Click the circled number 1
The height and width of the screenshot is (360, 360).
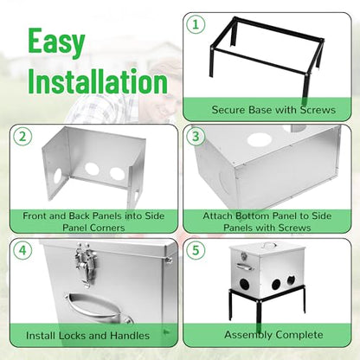tap(196, 24)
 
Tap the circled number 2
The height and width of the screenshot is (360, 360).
tap(22, 136)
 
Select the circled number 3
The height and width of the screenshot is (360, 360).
tap(196, 136)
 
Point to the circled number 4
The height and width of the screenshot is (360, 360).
tap(22, 250)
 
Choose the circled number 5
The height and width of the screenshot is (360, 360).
tap(196, 250)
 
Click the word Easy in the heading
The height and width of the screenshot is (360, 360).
tap(56, 42)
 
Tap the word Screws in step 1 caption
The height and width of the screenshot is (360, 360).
tap(318, 110)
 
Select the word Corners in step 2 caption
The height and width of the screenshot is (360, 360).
tap(107, 228)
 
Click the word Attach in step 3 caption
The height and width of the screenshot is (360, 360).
tap(218, 215)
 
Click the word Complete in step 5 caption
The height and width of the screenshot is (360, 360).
tap(299, 335)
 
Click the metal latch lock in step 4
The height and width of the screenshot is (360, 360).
tap(86, 264)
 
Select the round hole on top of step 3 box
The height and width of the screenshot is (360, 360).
tap(260, 140)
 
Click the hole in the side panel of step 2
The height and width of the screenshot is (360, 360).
tap(58, 176)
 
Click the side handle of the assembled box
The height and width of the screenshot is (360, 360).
tap(244, 267)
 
